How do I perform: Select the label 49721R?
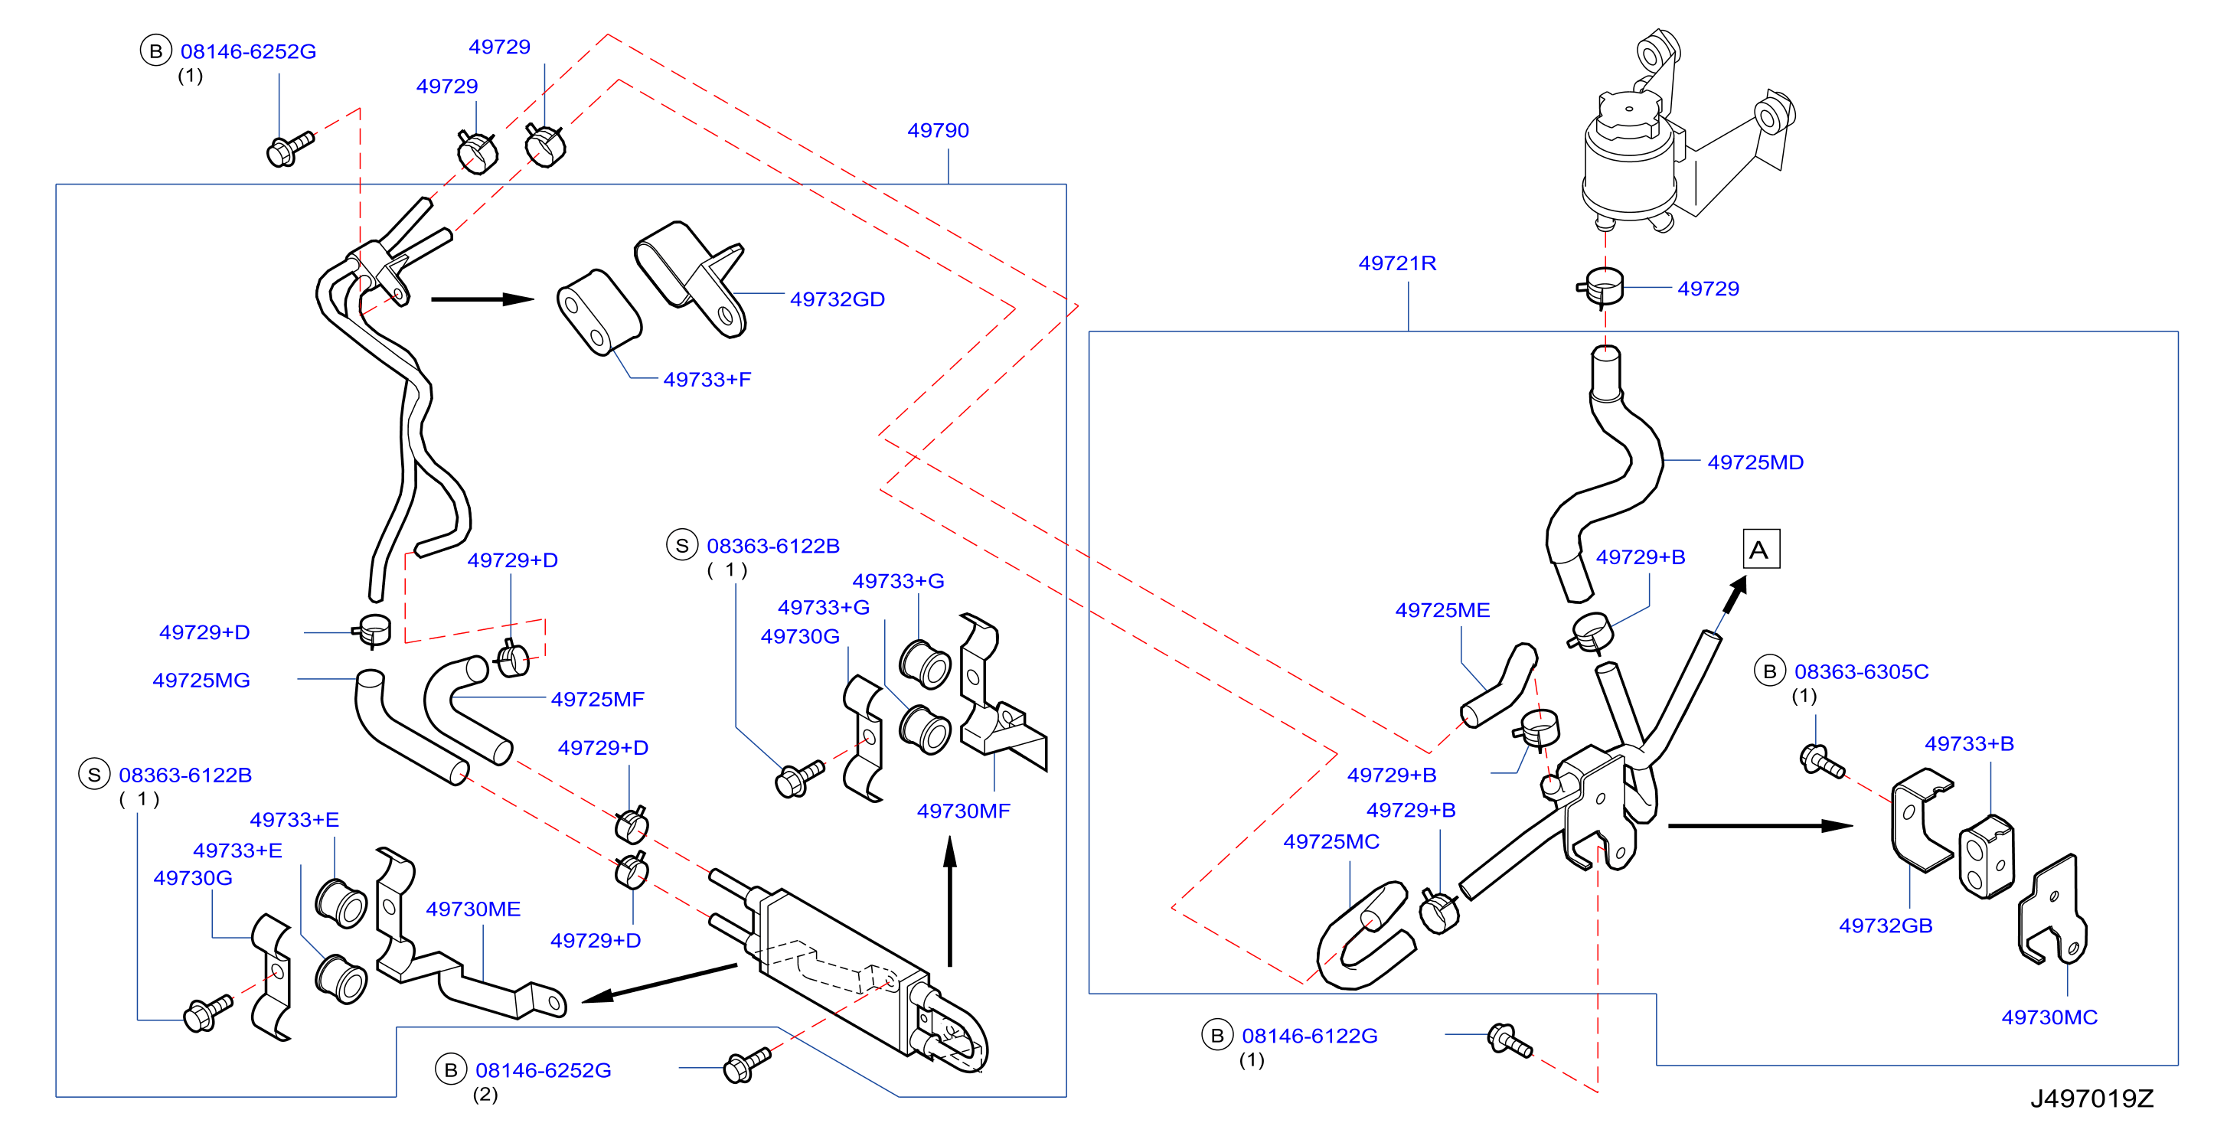pos(1396,263)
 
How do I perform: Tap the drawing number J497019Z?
pos(2091,1098)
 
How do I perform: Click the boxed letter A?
pos(1761,550)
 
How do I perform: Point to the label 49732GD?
pos(837,299)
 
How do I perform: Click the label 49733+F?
pos(706,379)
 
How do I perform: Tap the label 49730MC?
pos(2049,1017)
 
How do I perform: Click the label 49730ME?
pos(472,909)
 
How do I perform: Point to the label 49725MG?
pos(201,681)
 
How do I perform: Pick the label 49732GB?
pos(1886,925)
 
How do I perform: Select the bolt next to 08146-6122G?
pos(1510,1040)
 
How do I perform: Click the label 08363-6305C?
pos(1861,671)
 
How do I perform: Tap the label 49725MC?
pos(1331,842)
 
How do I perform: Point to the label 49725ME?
pos(1442,611)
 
